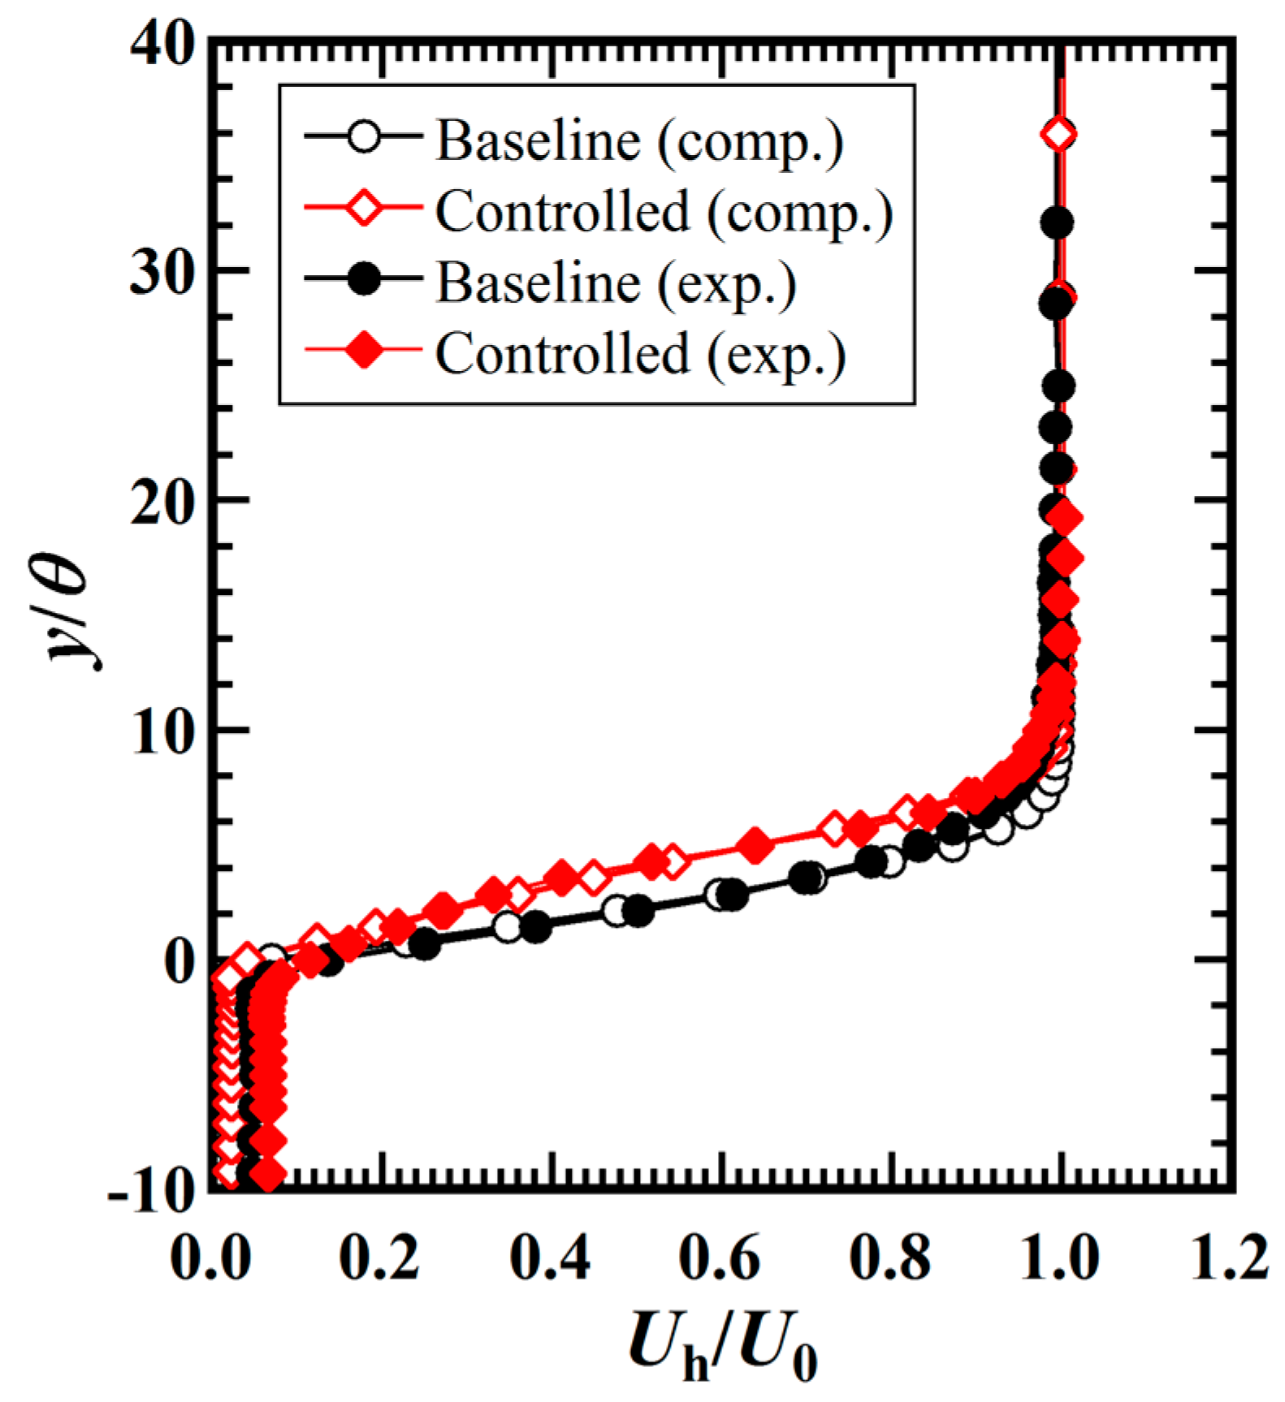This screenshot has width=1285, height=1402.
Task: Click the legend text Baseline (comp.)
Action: (x=639, y=141)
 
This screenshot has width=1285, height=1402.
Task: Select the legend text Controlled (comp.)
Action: (x=664, y=213)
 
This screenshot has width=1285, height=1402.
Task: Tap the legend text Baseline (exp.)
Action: (x=616, y=283)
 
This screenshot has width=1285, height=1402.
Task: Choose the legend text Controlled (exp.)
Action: (x=640, y=355)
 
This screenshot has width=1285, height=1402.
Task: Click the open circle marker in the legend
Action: (x=364, y=136)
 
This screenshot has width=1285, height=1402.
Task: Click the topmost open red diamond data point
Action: (x=1058, y=134)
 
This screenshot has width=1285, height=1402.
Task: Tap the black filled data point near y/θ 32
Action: (x=1057, y=222)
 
